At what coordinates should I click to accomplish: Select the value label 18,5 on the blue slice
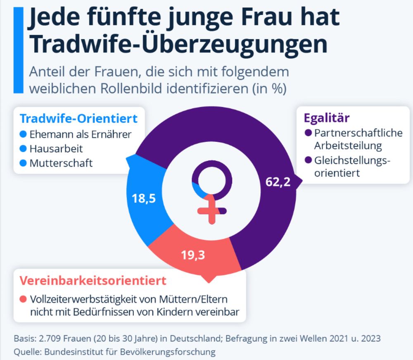click(x=143, y=198)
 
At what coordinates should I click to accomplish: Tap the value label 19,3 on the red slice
click(x=193, y=255)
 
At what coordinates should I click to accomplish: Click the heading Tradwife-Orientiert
click(x=78, y=119)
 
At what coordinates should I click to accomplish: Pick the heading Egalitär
click(x=327, y=118)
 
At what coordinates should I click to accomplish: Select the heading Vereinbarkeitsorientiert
click(x=93, y=281)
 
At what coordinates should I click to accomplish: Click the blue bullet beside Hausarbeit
click(x=23, y=149)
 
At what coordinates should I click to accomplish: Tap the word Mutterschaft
click(x=61, y=163)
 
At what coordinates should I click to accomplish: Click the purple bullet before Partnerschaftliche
click(x=308, y=134)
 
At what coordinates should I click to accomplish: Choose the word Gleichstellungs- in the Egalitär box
click(x=352, y=160)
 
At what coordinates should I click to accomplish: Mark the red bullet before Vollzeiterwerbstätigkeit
click(x=23, y=299)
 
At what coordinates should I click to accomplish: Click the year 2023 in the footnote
click(x=368, y=339)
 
